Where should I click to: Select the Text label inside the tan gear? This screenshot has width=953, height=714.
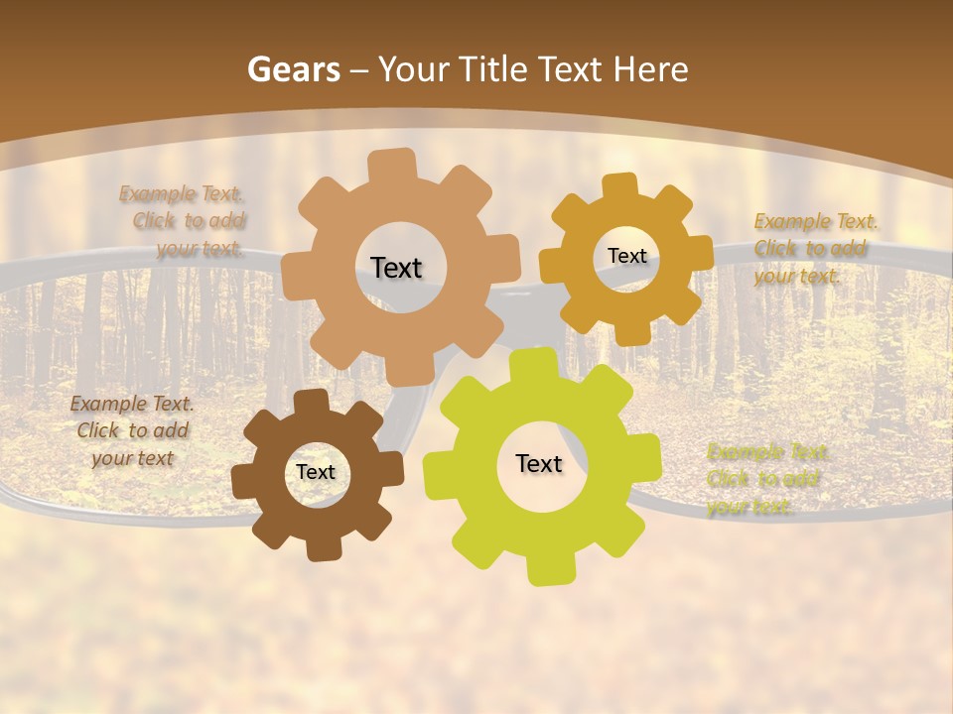click(x=396, y=268)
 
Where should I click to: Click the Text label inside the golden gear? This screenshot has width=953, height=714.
click(x=626, y=256)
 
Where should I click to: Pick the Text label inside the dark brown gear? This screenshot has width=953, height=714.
click(x=316, y=472)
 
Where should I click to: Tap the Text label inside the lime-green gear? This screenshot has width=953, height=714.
click(x=539, y=463)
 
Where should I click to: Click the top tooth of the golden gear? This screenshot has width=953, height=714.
click(x=620, y=186)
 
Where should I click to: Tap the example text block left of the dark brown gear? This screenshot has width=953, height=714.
click(x=132, y=430)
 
